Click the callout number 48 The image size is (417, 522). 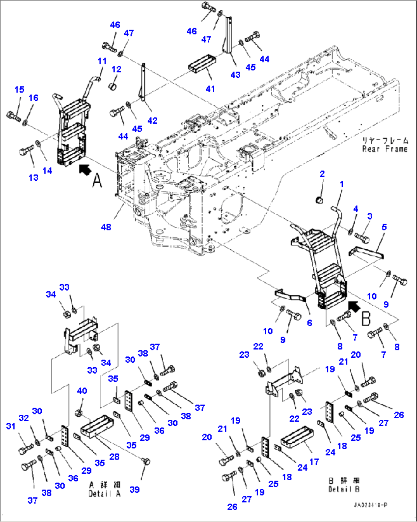point(106,227)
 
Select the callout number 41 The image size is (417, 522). point(210,88)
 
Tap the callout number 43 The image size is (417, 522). point(235,75)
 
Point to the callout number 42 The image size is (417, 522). point(152,120)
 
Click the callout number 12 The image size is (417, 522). point(116,69)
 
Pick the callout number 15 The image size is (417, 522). point(20,89)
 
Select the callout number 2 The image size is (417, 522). point(322,174)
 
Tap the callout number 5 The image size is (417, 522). point(384,227)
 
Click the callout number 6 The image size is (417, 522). point(309,323)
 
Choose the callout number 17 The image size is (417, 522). point(314,462)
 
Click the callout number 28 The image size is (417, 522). point(114,457)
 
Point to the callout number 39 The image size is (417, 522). point(134,489)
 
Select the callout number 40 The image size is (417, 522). point(82,391)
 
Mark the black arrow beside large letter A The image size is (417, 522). point(85,169)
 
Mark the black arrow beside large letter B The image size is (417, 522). point(354,305)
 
